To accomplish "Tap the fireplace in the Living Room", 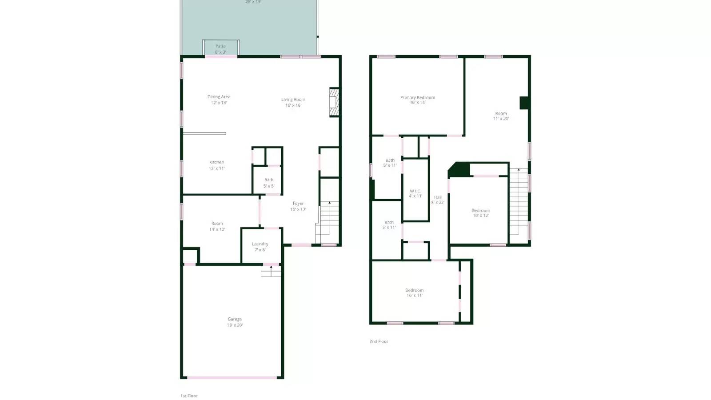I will (x=334, y=103).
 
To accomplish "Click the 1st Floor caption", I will (x=189, y=396).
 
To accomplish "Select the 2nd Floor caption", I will (x=379, y=341).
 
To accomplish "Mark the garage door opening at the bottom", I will (x=232, y=378).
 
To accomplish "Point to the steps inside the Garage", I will (x=271, y=271).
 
